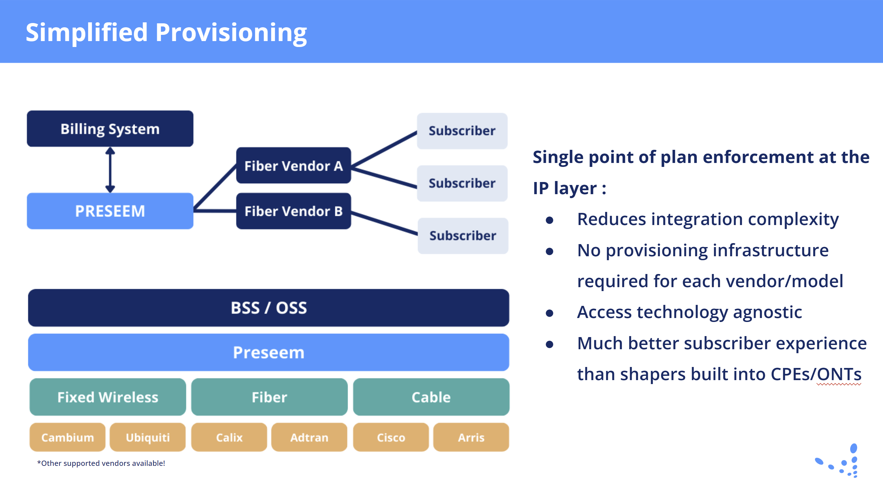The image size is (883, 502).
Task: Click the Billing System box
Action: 110,128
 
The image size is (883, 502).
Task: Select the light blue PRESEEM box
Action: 110,211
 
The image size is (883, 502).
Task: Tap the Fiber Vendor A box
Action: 293,166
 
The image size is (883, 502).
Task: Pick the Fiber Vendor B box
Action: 293,211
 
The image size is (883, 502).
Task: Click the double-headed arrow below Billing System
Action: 110,170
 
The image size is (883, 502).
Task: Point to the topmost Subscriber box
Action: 462,131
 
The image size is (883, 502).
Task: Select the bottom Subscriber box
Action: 463,236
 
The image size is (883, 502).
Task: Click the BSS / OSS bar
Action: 268,308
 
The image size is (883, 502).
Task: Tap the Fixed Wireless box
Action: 107,397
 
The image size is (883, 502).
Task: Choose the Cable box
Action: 431,397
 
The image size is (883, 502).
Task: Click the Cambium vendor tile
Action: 68,437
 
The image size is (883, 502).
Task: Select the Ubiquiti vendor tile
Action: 148,437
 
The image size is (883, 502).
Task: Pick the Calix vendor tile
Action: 229,437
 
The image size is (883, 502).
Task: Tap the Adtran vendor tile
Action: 309,437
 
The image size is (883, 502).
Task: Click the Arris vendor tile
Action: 471,437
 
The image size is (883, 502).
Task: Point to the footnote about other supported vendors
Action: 101,463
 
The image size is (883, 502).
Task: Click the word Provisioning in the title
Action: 231,32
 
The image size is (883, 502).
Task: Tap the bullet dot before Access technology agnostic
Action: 549,313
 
